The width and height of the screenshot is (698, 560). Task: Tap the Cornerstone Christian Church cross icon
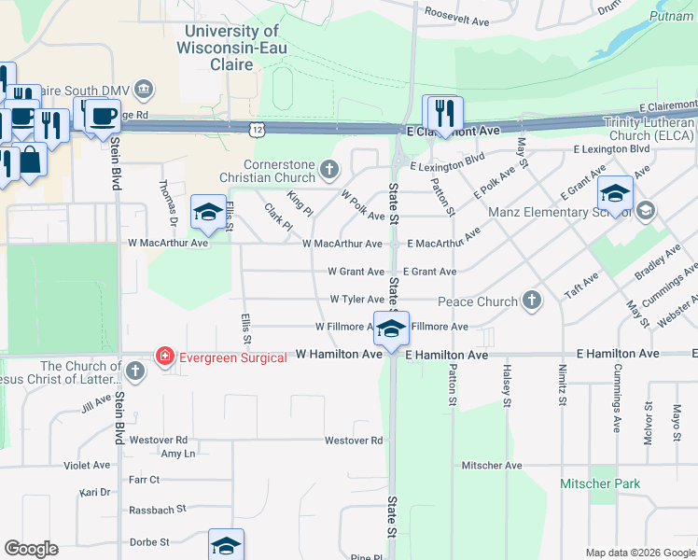click(x=328, y=169)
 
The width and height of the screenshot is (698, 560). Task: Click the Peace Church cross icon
click(x=532, y=301)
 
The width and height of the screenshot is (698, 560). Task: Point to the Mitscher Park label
click(x=600, y=483)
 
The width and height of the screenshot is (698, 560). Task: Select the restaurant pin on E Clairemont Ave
click(x=442, y=113)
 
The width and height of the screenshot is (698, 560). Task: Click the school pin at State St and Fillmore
click(x=393, y=328)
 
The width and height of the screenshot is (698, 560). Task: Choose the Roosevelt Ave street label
click(x=456, y=20)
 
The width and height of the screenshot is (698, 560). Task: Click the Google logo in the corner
click(x=31, y=549)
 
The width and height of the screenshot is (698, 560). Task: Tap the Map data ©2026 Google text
click(x=640, y=553)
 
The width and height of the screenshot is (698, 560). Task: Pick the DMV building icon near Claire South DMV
click(x=145, y=90)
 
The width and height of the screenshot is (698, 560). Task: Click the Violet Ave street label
click(x=87, y=465)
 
